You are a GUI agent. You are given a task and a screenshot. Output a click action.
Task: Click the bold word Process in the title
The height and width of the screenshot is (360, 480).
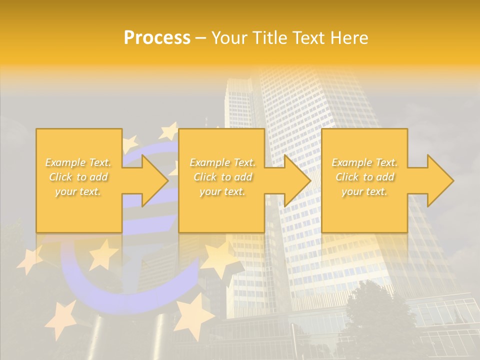click(157, 38)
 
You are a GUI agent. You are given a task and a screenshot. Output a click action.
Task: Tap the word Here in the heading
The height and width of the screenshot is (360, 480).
click(349, 38)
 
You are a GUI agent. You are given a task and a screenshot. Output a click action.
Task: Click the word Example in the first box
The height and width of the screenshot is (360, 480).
click(65, 162)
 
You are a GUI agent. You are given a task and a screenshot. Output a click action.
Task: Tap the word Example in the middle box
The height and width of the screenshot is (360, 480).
click(209, 162)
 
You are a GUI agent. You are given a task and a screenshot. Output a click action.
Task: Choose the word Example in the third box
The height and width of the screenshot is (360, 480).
click(351, 162)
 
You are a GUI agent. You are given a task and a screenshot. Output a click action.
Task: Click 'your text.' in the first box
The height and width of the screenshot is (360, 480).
click(78, 191)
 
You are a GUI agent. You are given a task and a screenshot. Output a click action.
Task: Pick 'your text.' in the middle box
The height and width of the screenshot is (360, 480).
click(222, 191)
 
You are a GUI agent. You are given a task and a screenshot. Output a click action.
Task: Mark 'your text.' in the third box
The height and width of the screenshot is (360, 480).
click(364, 191)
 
